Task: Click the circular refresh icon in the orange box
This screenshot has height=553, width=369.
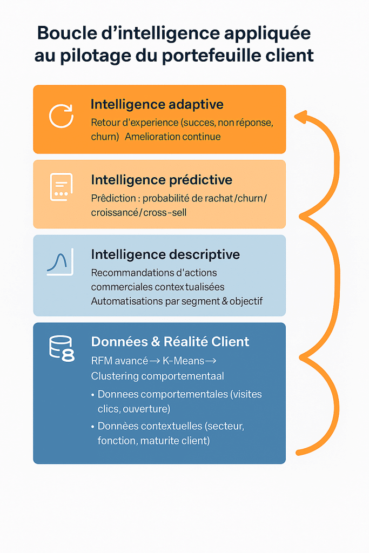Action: click(61, 116)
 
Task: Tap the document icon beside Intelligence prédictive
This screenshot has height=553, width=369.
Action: click(62, 187)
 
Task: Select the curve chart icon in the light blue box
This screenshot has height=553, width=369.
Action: click(61, 262)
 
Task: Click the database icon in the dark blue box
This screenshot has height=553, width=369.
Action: click(62, 348)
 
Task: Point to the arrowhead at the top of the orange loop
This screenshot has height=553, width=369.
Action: click(300, 117)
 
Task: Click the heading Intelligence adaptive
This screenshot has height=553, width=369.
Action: click(157, 104)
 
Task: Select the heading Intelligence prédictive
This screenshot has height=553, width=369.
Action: click(162, 180)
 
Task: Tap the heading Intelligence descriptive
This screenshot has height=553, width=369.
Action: click(165, 255)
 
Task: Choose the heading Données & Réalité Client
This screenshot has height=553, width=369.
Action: click(170, 342)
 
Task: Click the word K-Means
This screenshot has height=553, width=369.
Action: click(184, 361)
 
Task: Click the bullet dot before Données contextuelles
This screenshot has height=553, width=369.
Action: click(93, 427)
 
